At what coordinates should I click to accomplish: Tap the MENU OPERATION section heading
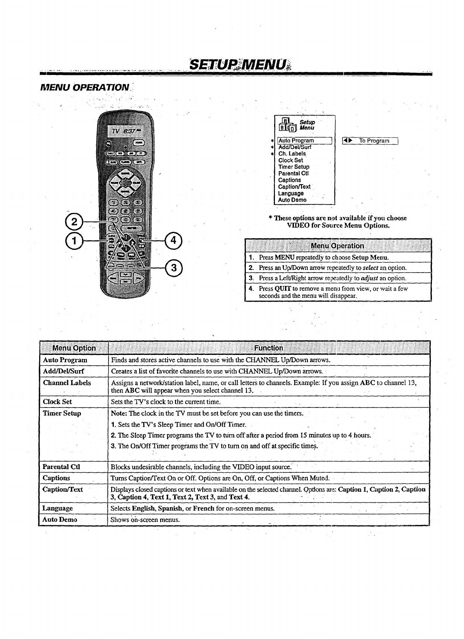(x=85, y=88)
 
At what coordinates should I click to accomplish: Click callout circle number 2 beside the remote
(x=75, y=221)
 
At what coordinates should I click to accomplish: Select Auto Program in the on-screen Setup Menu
(x=296, y=141)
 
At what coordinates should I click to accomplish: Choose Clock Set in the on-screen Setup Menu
(x=291, y=160)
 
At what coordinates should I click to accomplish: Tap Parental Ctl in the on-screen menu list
(x=294, y=173)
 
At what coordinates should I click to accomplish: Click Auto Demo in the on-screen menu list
(x=292, y=200)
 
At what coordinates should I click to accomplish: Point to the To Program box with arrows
(x=370, y=141)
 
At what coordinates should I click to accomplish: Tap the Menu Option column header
(x=74, y=348)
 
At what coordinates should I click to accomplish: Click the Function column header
(x=268, y=348)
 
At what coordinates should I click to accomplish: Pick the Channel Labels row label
(x=67, y=383)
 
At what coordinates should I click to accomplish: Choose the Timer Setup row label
(x=62, y=413)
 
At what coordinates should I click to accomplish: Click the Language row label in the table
(x=57, y=508)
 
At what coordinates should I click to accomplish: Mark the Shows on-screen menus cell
(x=145, y=520)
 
